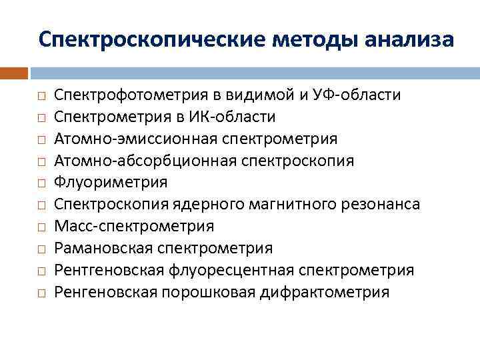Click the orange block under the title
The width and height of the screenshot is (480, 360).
tap(14, 73)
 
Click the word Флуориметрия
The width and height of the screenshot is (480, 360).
tap(111, 182)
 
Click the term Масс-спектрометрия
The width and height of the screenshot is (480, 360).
tap(134, 226)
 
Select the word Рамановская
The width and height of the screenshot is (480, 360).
tap(103, 248)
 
